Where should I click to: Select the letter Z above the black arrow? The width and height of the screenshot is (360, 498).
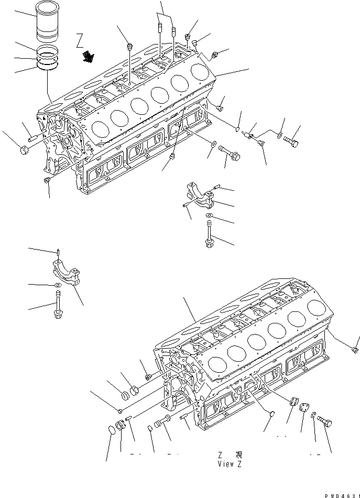(x=79, y=39)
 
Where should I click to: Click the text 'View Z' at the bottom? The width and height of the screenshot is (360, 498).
(x=228, y=464)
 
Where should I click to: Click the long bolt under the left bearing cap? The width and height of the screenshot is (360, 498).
(x=58, y=307)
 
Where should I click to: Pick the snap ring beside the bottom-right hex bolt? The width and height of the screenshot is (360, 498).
(x=313, y=416)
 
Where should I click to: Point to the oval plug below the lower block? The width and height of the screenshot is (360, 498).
(x=271, y=414)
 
